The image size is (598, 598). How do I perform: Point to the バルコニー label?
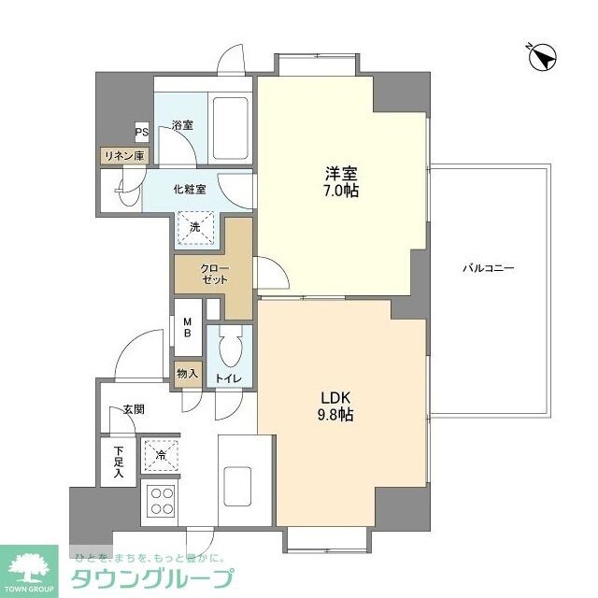coord(488,269)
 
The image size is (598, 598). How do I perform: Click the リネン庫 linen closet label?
coord(123,156)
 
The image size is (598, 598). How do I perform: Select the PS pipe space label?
coord(141,132)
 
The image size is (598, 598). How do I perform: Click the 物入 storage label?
coord(187,374)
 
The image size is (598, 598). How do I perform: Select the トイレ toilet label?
coord(228,378)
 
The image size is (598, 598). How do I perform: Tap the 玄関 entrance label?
coord(133,408)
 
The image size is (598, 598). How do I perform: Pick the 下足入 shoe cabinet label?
coord(119,463)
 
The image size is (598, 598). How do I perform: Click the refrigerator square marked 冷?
coord(161,455)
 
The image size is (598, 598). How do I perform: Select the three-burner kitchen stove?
coord(161,502)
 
